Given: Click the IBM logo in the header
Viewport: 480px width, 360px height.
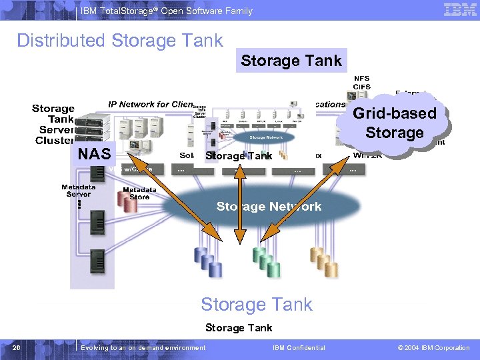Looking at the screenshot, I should (x=460, y=10).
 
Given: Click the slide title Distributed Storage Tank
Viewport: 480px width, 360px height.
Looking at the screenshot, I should (x=120, y=41).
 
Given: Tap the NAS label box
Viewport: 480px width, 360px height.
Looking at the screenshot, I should (x=94, y=154).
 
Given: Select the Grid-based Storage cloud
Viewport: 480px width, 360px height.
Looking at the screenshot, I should (x=395, y=123).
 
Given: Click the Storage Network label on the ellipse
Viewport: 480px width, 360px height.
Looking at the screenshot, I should (x=269, y=207).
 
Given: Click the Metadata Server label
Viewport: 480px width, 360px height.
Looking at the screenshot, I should (x=79, y=191).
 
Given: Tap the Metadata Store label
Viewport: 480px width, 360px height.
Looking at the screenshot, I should (x=139, y=193).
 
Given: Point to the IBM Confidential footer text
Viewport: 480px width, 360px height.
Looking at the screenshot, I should (x=299, y=347).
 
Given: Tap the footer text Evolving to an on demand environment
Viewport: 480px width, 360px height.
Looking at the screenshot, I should (x=143, y=347).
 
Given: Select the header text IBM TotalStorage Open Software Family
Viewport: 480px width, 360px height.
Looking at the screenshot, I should (x=167, y=11).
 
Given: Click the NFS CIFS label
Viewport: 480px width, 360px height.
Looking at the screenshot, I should (x=362, y=83).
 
